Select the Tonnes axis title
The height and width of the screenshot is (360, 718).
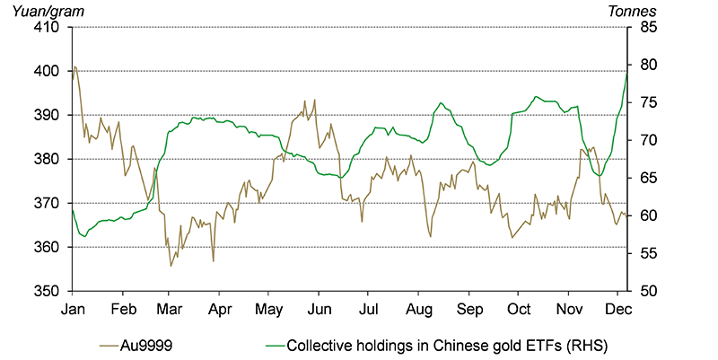632,10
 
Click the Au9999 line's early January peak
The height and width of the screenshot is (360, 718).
75,66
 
